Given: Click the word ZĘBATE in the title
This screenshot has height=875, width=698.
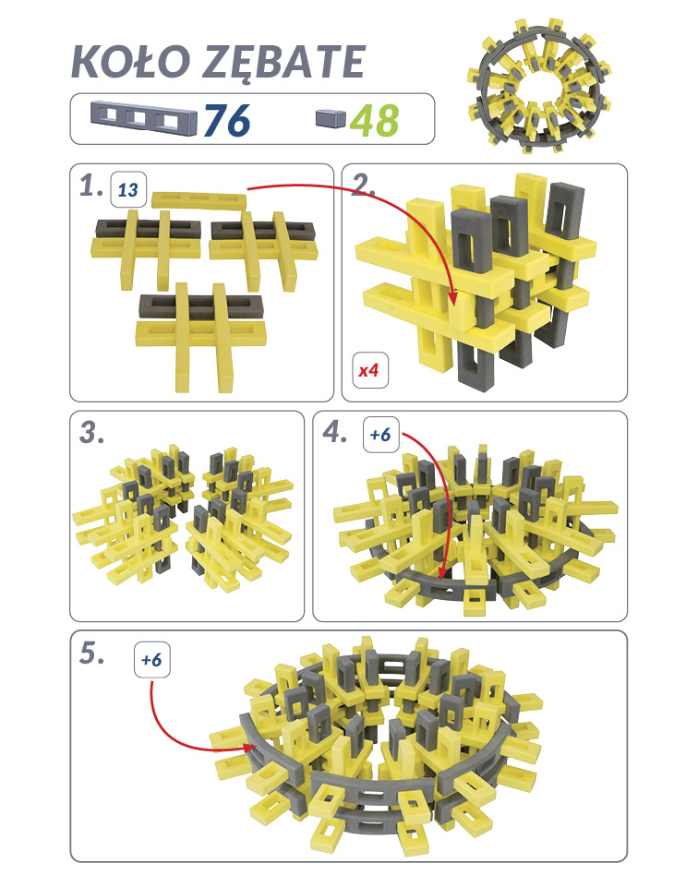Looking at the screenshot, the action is (283, 63).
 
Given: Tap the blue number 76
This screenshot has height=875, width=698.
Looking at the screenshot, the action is (227, 120).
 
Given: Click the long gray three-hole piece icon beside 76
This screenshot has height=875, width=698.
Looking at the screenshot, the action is (144, 119).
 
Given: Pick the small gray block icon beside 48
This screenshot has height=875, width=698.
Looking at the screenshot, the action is (331, 118).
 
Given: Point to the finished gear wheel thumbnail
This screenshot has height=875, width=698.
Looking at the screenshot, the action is (539, 86).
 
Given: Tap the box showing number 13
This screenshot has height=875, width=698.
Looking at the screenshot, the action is (128, 190).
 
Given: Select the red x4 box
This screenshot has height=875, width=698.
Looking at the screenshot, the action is (369, 370).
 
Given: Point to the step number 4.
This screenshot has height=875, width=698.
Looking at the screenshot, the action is (335, 432).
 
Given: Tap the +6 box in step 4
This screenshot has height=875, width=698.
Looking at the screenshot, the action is (380, 434).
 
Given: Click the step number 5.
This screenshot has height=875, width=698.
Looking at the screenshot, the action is (92, 653).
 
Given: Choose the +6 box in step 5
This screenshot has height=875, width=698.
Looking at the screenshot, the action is (152, 660).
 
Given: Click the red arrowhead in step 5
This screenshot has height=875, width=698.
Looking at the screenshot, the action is (249, 747).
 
